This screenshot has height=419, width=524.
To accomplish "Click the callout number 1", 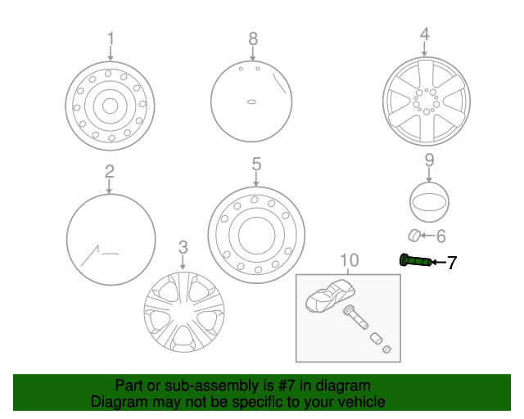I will (111, 38).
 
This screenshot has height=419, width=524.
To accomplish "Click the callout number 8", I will (253, 38).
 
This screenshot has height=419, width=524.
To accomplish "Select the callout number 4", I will (424, 34).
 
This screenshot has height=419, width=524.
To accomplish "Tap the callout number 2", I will (109, 172).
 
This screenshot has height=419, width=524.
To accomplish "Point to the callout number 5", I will (256, 164).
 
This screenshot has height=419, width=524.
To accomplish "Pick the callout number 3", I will (183, 246).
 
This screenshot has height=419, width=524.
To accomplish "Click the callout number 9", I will (429, 160).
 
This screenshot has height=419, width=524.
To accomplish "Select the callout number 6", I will (440, 237).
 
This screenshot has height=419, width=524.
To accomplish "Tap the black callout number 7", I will (451, 263).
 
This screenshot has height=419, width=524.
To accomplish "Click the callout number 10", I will (349, 261).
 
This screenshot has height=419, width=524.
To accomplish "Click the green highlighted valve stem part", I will (414, 261).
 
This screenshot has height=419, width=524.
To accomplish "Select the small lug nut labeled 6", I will (415, 237).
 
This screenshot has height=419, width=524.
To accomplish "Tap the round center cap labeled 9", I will (429, 201).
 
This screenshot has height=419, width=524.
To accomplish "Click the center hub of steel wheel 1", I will (109, 105).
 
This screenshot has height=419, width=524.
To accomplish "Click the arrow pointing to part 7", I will (436, 262).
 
